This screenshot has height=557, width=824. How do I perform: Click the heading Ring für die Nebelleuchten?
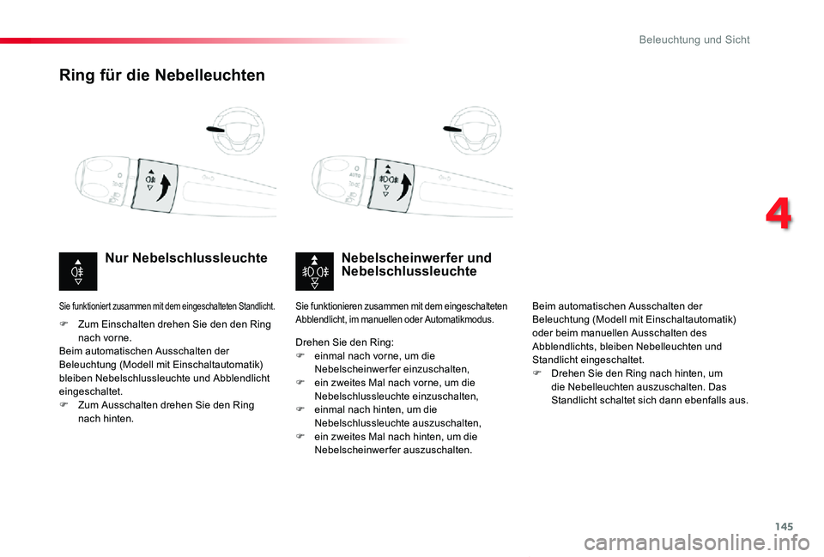[x=162, y=75]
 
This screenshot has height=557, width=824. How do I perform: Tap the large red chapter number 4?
[x=779, y=215]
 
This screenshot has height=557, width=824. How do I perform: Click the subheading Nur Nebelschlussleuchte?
[x=185, y=258]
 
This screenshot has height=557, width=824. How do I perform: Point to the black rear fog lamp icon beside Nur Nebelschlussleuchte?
[x=78, y=272]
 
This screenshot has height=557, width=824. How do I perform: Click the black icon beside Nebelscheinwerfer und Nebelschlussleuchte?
[x=314, y=272]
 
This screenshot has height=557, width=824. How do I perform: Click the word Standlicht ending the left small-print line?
[x=256, y=306]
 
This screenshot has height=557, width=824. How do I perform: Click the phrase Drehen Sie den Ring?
[x=344, y=342]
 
